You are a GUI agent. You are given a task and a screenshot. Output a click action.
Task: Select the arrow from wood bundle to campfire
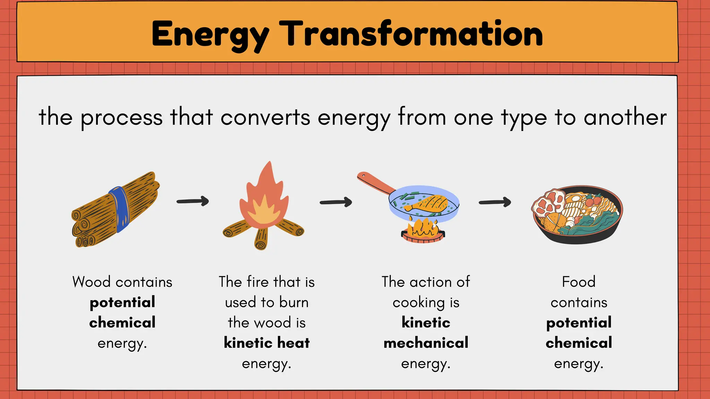click(193, 201)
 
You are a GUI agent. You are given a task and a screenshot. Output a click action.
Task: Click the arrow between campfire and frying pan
click(336, 202)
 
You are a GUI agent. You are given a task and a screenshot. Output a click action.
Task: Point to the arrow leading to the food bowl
click(495, 202)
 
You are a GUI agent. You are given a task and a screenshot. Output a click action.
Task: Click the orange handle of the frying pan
click(376, 183)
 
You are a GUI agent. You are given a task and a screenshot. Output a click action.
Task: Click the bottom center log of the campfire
click(261, 239)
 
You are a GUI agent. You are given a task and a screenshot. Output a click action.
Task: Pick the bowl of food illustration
click(577, 215)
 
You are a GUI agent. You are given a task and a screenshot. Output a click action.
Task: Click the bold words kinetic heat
click(267, 343)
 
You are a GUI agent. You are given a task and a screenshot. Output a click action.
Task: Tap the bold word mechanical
click(426, 343)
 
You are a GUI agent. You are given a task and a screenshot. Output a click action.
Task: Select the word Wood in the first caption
click(92, 282)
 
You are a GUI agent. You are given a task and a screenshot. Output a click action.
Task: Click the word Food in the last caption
click(579, 282)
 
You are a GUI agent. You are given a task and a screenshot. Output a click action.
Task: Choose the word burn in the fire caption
click(294, 302)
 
